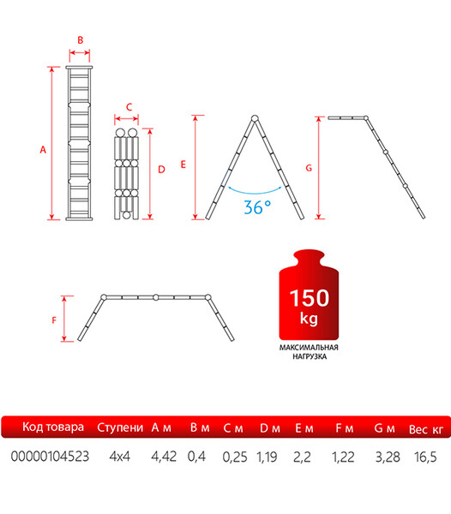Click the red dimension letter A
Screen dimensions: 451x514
pos(43,150)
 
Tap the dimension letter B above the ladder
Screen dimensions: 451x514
pos(81,40)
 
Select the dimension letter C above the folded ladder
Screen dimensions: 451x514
pos(129,107)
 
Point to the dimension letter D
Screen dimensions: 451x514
pos(161,170)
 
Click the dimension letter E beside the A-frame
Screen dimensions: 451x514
pos(183,164)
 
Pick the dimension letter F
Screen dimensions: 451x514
pos(54,320)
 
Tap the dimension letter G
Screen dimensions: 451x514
pos(309,168)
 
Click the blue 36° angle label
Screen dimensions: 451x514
pos(257,207)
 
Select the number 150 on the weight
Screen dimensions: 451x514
pos(310,298)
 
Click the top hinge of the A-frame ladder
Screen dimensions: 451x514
pos(255,118)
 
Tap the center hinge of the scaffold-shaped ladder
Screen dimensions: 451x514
pos(156,297)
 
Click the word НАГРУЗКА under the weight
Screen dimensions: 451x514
pos(310,356)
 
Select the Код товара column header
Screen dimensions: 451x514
pos(53,427)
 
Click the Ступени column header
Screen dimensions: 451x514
pos(120,427)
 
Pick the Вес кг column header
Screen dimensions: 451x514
pos(426,429)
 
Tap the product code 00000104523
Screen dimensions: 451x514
pos(50,457)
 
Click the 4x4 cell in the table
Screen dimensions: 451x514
pos(120,457)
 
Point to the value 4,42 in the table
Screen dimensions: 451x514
pos(164,457)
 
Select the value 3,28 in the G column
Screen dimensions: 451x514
pos(388,457)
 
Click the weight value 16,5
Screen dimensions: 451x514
pos(425,457)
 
